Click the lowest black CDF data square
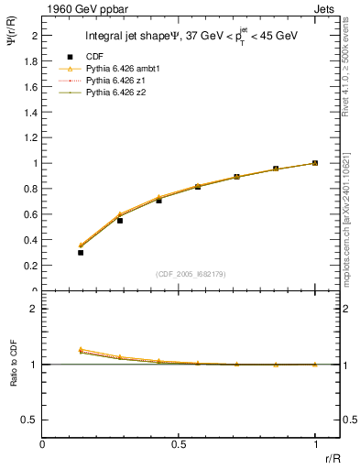coord(81,252)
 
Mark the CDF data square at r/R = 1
coord(315,163)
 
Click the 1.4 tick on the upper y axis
coord(32,112)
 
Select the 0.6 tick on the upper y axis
coord(32,214)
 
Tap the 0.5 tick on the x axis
coord(179,443)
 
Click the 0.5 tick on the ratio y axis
coord(32,420)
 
